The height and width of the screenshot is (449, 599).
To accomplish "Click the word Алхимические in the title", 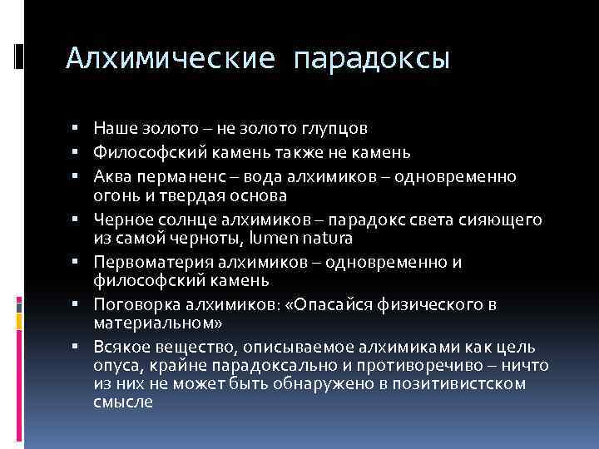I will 170,57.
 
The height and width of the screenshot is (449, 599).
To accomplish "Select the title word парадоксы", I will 372,58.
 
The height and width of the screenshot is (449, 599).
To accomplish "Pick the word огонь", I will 114,195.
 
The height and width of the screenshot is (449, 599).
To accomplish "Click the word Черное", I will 119,220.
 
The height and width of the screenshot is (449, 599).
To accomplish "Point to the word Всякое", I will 120,347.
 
